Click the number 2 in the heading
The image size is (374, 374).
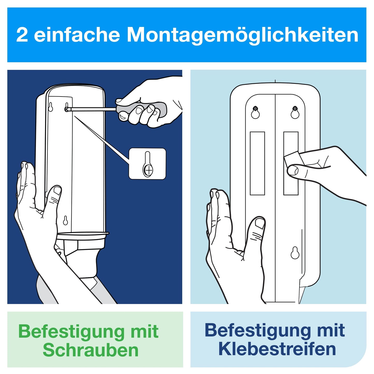[x=22, y=35]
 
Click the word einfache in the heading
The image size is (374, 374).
[x=77, y=35]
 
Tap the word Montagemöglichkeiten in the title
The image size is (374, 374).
[x=242, y=35]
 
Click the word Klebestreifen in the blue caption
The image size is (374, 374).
[x=277, y=349]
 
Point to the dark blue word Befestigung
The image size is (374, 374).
[x=256, y=330]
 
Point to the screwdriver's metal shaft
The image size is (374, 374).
[x=93, y=109]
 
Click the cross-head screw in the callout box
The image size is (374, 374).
[x=149, y=170]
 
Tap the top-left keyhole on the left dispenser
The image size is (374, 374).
[x=51, y=107]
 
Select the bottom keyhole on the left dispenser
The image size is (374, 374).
[x=65, y=221]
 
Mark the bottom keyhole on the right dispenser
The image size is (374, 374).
[x=295, y=253]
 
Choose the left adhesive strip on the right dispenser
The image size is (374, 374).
[x=257, y=163]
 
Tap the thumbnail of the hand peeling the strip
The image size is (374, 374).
[x=293, y=171]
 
